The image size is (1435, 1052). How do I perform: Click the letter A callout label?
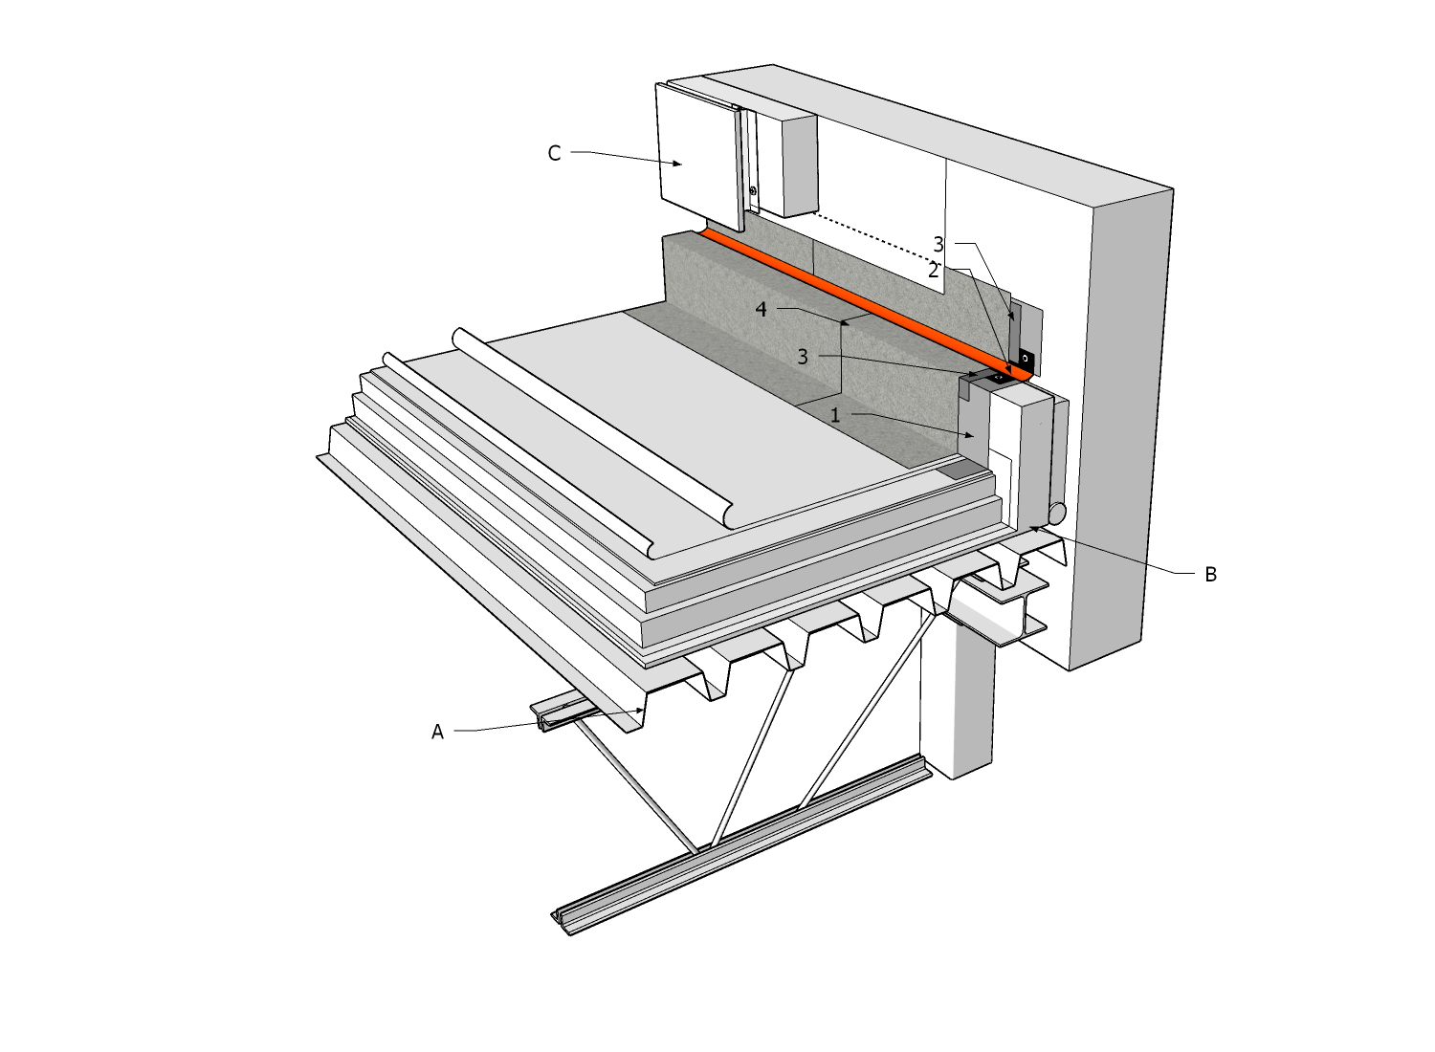tap(437, 733)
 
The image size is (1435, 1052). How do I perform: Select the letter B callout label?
tap(1210, 575)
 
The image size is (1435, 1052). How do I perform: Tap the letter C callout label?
tap(554, 153)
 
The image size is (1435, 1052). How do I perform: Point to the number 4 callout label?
tap(761, 310)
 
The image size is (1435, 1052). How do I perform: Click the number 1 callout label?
tap(835, 415)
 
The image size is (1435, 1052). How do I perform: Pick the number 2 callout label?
tap(933, 271)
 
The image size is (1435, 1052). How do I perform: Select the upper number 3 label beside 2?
tap(938, 245)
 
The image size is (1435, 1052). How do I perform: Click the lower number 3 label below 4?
tap(803, 357)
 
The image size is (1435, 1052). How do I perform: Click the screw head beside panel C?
tap(754, 191)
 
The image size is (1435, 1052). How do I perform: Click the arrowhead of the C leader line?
tap(678, 164)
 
